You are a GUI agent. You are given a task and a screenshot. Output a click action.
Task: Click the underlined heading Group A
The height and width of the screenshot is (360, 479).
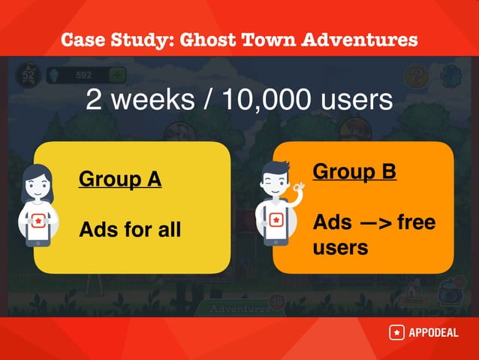[120, 180]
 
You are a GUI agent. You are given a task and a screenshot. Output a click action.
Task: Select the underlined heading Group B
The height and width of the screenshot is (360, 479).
[354, 171]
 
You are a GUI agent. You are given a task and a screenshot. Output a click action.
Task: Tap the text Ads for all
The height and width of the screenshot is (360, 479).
[130, 228]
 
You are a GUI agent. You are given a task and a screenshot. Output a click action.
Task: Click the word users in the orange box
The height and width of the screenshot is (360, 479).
[340, 247]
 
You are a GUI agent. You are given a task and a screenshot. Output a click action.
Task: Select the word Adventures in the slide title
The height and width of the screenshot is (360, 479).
[359, 39]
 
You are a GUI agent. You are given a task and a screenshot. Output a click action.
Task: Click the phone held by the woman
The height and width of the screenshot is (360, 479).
[37, 225]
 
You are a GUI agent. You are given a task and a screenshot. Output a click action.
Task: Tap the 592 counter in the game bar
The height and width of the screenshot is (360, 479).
[84, 75]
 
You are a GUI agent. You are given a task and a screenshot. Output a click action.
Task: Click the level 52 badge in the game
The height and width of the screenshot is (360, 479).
[28, 75]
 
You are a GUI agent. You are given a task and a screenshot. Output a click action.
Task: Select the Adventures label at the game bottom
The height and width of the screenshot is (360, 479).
[239, 309]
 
